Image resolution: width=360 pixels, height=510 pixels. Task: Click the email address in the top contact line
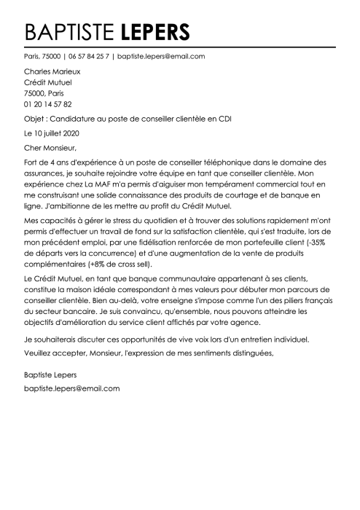pos(161,56)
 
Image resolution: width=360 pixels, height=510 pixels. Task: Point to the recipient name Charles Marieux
pos(52,72)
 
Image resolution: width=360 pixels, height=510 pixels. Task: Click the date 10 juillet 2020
pos(61,134)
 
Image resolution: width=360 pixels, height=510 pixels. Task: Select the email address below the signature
pos(71,388)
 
